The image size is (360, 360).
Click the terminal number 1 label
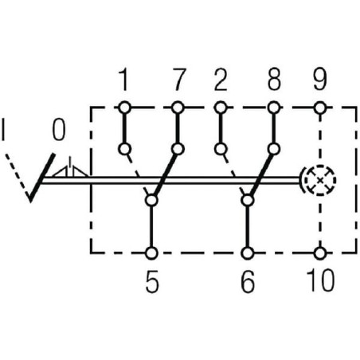coord(124,80)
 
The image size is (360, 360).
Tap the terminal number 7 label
coord(178,80)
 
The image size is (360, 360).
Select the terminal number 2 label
coord(221,80)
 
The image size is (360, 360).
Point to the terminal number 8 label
coord(274,80)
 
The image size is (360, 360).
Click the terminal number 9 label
coord(319,80)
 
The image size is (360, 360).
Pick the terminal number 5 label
coord(152,281)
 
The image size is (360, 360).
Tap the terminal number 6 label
coord(248,281)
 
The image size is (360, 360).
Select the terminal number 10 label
coord(320,280)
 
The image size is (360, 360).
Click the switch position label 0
coord(59,130)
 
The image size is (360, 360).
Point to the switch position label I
coord(3,130)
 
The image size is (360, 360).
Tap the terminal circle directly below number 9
coord(320,108)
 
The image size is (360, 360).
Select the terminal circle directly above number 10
coord(320,253)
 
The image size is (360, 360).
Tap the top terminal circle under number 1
coord(124,108)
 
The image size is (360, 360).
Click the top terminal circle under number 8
coord(274,108)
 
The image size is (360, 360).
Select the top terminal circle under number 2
coord(221,108)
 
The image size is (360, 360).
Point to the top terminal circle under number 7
coord(178,108)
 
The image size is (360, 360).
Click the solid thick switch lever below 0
coord(42,178)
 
